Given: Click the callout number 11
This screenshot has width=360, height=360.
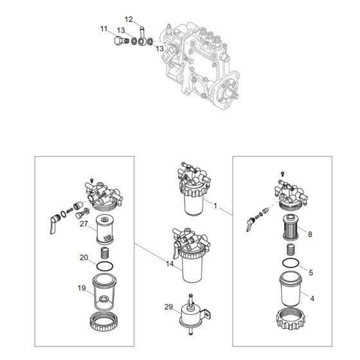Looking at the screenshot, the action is click(104, 29).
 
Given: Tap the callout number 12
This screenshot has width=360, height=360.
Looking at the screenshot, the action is click(129, 19).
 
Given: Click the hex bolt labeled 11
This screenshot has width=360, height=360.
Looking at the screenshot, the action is click(121, 41).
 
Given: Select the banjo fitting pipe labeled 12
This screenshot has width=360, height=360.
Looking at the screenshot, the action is click(141, 36).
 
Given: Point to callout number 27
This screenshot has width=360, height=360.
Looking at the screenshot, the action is click(84, 224).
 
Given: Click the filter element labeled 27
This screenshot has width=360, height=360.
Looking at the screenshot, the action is click(105, 229).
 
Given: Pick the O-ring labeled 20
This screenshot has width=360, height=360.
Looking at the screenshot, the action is click(105, 266).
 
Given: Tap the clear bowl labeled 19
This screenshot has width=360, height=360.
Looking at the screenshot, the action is click(104, 292).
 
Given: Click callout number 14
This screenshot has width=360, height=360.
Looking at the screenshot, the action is click(170, 264).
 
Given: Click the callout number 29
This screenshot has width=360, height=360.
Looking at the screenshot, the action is click(168, 307).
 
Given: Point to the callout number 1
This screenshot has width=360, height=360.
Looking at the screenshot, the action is click(215, 206).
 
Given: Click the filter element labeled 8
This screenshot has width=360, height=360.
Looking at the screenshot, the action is click(291, 227).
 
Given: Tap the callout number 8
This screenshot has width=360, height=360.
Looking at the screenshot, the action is click(310, 235).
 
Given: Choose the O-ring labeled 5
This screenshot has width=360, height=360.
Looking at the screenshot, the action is click(291, 263).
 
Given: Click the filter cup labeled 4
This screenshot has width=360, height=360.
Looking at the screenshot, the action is click(291, 289).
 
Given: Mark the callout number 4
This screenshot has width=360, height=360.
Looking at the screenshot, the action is click(312, 298).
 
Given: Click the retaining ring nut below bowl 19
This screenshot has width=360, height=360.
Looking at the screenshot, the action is click(104, 321).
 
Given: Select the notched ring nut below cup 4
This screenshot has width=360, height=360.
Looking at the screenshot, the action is click(291, 318).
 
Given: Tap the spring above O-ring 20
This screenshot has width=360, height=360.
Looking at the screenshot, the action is click(105, 253).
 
